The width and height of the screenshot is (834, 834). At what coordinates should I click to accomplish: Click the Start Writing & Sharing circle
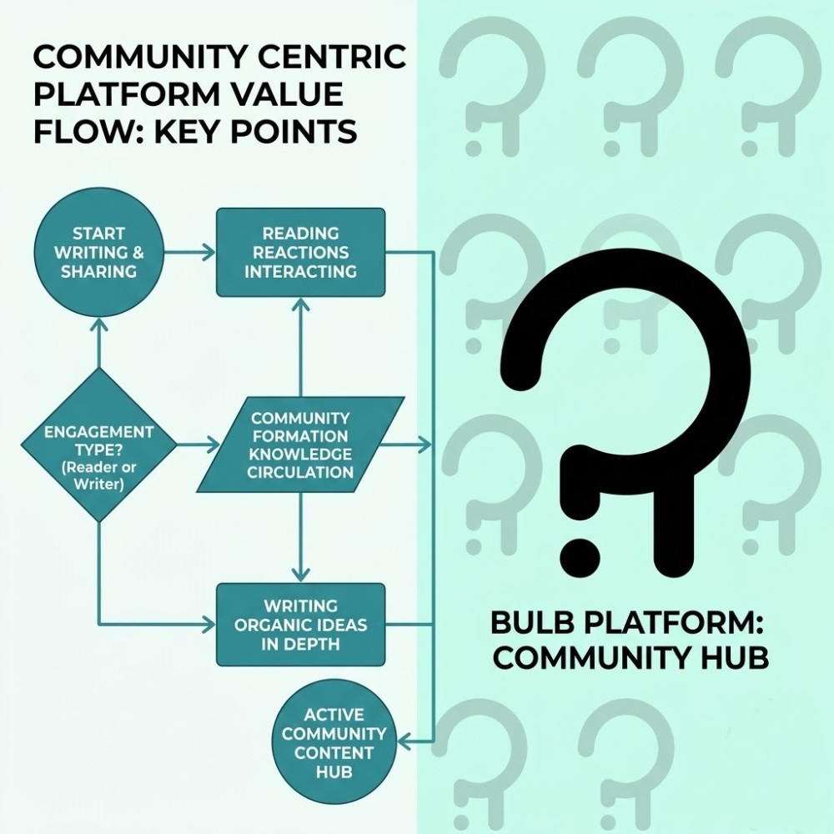(98, 252)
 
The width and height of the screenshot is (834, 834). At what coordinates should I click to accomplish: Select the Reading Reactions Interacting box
(300, 252)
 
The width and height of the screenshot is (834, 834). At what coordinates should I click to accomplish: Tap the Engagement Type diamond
(98, 445)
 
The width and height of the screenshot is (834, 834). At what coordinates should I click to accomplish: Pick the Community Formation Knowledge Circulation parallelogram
(300, 445)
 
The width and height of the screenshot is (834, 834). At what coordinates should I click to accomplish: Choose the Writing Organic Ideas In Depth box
(300, 625)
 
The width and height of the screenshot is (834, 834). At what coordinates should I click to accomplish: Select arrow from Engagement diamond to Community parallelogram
(197, 445)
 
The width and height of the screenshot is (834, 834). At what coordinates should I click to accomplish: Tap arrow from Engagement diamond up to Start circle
(98, 346)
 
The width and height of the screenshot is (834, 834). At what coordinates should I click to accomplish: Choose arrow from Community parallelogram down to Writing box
(300, 538)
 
